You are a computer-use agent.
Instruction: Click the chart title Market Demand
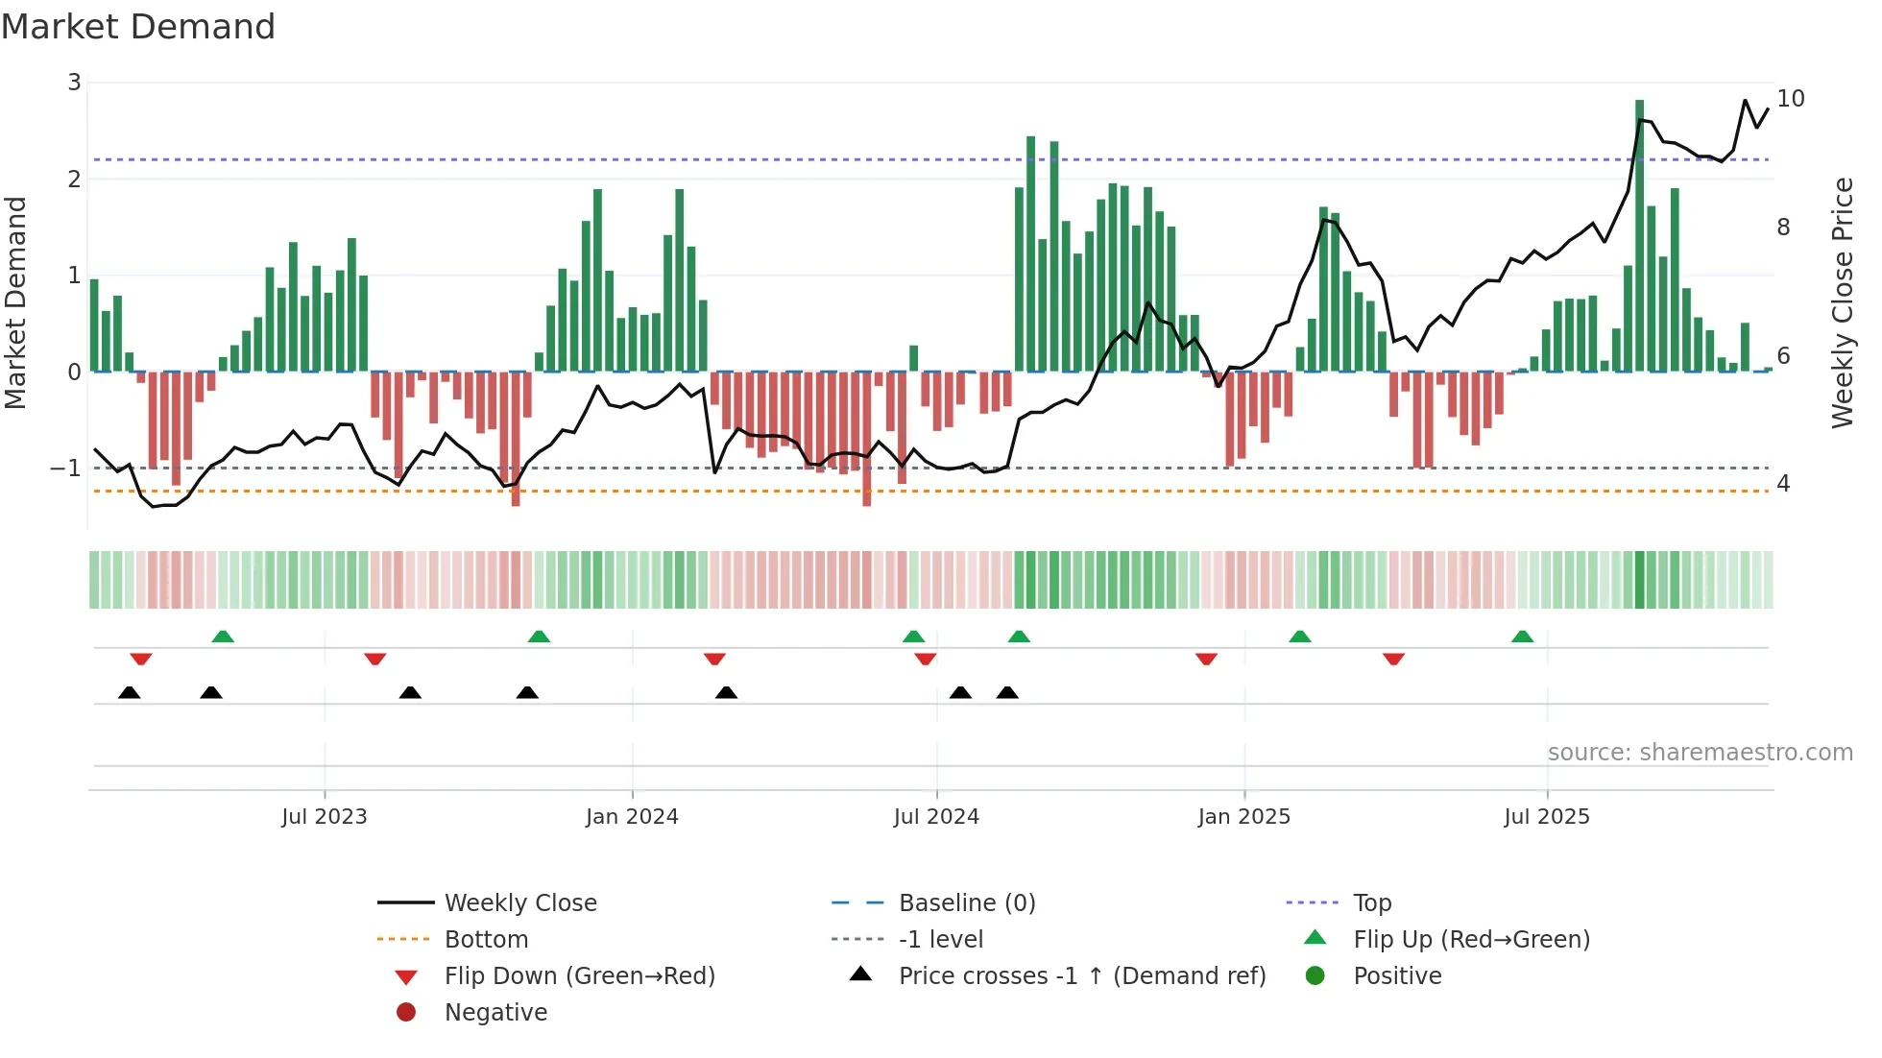click(x=138, y=27)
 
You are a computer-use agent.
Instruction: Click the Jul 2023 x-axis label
click(x=324, y=817)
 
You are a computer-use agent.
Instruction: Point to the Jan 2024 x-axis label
click(x=632, y=817)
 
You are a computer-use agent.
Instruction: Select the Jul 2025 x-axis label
click(x=1546, y=817)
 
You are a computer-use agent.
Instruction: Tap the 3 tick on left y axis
click(x=74, y=83)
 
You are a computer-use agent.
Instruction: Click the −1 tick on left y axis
click(x=66, y=469)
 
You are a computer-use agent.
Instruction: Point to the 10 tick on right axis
click(x=1790, y=99)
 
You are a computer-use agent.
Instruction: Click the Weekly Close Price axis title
click(x=1842, y=302)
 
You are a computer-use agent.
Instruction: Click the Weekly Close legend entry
click(x=519, y=903)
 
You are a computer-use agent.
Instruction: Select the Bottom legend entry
click(x=486, y=940)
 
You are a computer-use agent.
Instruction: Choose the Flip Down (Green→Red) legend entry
click(x=579, y=976)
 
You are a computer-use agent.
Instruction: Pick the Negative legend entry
click(x=495, y=1013)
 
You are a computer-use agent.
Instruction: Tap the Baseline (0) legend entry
click(x=966, y=903)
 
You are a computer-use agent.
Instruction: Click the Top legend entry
click(x=1371, y=903)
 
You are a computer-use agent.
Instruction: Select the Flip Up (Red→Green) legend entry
click(x=1471, y=940)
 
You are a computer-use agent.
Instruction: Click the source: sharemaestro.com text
click(x=1700, y=753)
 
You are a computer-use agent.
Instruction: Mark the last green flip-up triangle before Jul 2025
click(x=1522, y=637)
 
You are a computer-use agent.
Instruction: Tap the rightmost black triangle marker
click(x=1006, y=693)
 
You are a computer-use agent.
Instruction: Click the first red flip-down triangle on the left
click(x=141, y=660)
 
